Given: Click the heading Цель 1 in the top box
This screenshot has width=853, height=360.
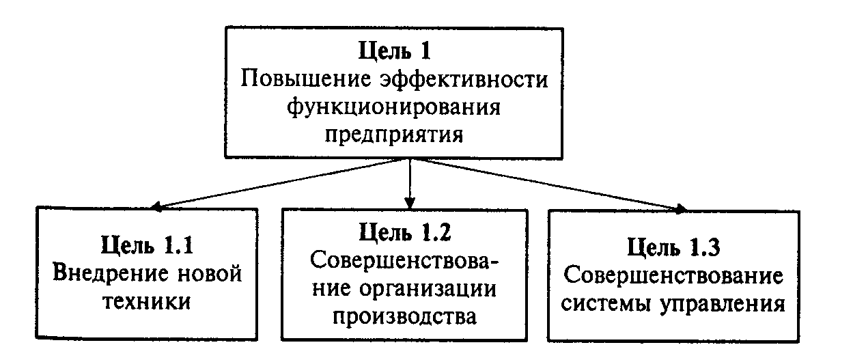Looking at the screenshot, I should [394, 52].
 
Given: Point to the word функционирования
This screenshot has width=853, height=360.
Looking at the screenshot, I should [394, 107].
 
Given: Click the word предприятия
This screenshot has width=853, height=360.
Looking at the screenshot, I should [394, 134].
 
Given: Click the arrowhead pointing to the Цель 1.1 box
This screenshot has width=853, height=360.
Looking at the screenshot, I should [156, 206].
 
